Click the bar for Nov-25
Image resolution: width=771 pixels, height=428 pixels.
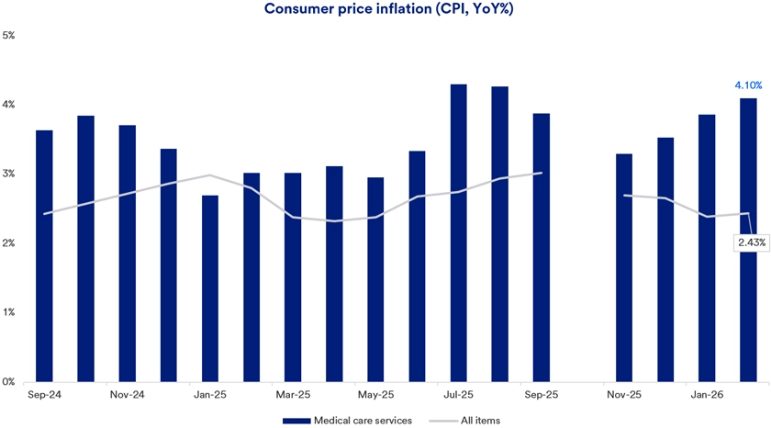click(624, 267)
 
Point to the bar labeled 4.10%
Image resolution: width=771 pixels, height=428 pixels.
click(748, 239)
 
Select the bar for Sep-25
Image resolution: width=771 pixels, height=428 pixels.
click(541, 247)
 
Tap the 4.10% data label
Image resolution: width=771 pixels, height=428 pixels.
click(748, 85)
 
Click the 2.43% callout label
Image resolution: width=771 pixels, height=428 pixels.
click(750, 242)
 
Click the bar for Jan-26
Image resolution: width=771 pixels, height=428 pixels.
click(707, 247)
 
